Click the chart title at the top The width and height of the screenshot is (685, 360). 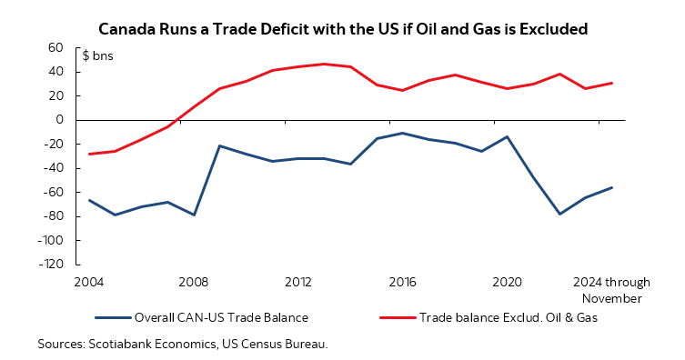coord(342,29)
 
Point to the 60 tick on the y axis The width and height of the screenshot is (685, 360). coord(55,47)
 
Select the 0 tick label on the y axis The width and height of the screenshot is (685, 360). coord(59,120)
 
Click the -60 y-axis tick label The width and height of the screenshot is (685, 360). coord(54,193)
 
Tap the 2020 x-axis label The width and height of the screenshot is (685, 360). coord(506,281)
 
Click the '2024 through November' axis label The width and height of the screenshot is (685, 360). coord(611,289)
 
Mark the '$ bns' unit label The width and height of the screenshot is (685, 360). coord(97,55)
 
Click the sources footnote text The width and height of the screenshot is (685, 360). coord(182,345)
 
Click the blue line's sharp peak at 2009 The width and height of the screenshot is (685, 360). coord(219,145)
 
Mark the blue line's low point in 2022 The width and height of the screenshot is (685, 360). coord(559,214)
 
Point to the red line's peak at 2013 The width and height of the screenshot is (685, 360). coord(324,64)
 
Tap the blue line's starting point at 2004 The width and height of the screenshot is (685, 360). coord(89,200)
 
